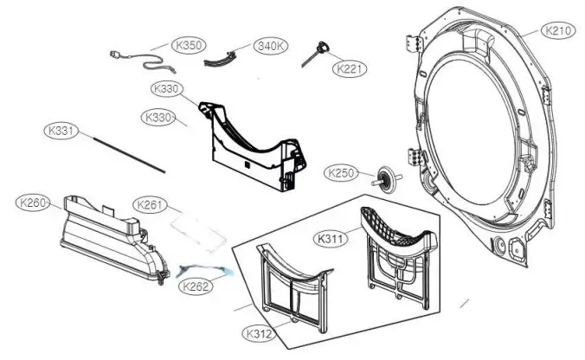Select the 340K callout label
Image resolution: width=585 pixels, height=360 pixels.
pyautogui.click(x=271, y=46)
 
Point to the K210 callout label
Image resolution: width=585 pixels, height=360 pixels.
pyautogui.click(x=558, y=30)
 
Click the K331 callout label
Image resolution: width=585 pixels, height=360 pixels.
pyautogui.click(x=61, y=132)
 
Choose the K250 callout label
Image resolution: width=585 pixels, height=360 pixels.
pyautogui.click(x=342, y=173)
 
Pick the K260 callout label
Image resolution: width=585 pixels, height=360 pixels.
pyautogui.click(x=34, y=202)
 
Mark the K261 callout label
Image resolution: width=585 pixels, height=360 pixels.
pyautogui.click(x=151, y=204)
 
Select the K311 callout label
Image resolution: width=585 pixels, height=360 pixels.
pyautogui.click(x=332, y=238)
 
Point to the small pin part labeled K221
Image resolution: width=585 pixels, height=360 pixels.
pyautogui.click(x=312, y=55)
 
